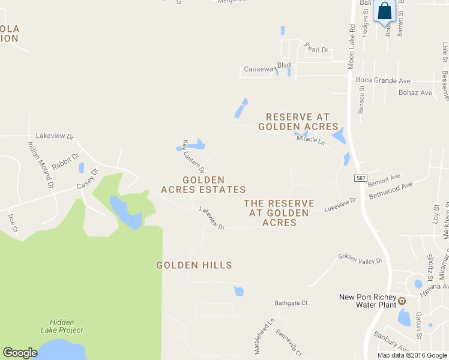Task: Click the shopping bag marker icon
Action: tap(384, 11)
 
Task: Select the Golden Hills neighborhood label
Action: tap(194, 265)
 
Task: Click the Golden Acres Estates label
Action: tap(203, 185)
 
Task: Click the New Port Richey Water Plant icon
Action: tap(402, 301)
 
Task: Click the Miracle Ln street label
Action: tap(310, 142)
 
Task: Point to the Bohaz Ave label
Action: tap(415, 93)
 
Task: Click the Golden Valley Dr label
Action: tap(360, 259)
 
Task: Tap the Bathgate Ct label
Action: tap(291, 303)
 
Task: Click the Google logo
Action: tap(20, 353)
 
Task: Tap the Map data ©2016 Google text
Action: tap(412, 355)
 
